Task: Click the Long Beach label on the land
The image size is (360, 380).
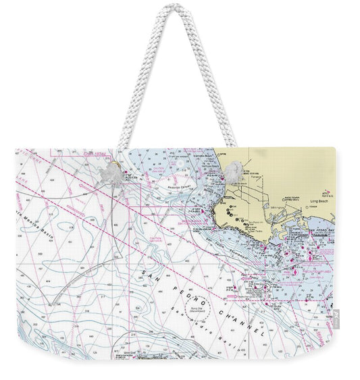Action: click(x=317, y=200)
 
